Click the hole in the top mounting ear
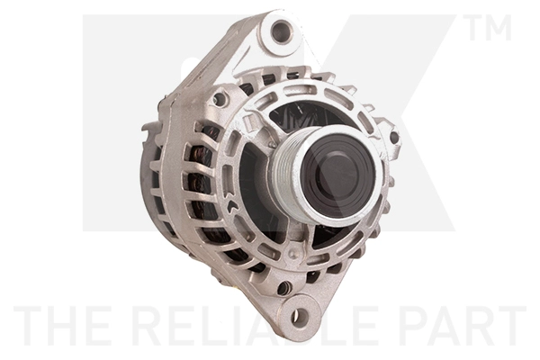pyautogui.click(x=282, y=33)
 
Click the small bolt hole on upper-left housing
pyautogui.click(x=219, y=99)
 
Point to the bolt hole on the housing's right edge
pyautogui.click(x=393, y=137)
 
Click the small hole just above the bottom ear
pyautogui.click(x=284, y=288)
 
